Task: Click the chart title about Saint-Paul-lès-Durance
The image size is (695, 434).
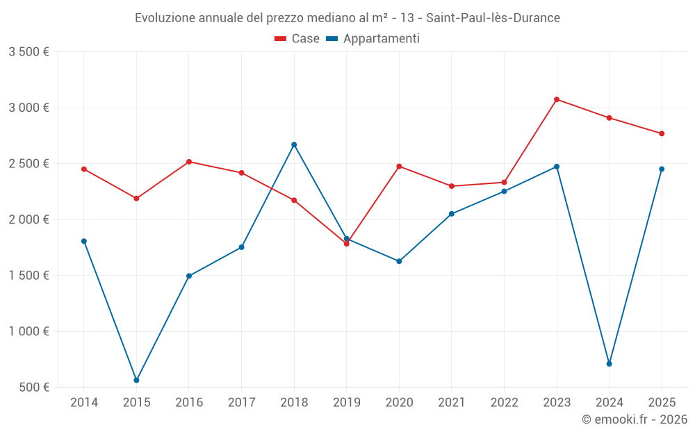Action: (347, 18)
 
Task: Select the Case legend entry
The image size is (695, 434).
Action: (297, 39)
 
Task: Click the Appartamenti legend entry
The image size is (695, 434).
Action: (373, 39)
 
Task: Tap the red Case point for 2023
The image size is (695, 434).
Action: (557, 99)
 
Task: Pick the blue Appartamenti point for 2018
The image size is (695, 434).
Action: (294, 144)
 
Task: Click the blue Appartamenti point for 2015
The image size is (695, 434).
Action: (136, 381)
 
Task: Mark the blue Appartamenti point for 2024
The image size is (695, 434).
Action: (610, 364)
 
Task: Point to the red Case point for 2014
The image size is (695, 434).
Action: (84, 169)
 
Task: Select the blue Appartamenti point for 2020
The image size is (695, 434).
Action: (399, 261)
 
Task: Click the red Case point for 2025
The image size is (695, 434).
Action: (662, 133)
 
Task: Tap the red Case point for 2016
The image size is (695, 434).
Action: (189, 162)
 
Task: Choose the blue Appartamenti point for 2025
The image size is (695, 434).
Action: (662, 169)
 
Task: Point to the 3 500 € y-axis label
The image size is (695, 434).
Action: (28, 52)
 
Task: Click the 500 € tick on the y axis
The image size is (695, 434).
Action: (34, 387)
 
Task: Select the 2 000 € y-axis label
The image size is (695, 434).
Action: (28, 219)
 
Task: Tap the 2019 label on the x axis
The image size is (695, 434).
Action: (347, 403)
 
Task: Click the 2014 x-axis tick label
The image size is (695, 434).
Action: (84, 403)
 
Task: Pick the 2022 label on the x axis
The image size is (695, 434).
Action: (504, 403)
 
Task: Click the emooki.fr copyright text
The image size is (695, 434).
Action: (634, 419)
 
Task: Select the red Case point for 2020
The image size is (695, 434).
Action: (399, 166)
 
